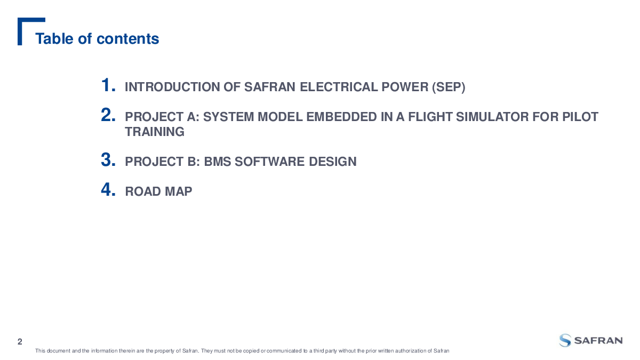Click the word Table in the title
click(54, 38)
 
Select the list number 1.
click(108, 85)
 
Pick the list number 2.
click(108, 115)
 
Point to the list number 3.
click(108, 159)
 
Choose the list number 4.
click(108, 189)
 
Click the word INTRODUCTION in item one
click(172, 87)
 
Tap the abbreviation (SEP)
click(449, 87)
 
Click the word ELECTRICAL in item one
click(339, 87)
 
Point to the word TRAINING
click(155, 132)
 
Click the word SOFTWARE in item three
click(269, 162)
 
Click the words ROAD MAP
click(158, 191)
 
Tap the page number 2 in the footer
click(20, 342)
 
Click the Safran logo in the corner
click(591, 341)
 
